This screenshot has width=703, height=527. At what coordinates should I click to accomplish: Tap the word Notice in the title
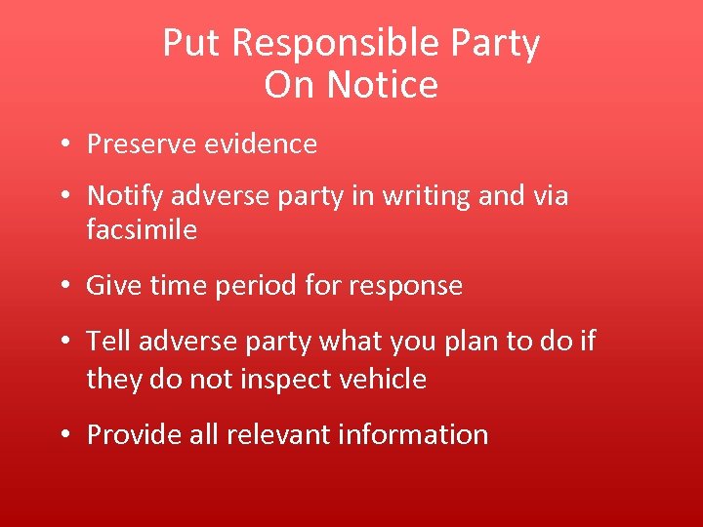click(383, 86)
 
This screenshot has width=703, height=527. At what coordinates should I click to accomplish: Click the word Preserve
click(141, 144)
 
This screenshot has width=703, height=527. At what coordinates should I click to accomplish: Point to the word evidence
click(261, 144)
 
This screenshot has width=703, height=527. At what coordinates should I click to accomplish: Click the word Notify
click(124, 196)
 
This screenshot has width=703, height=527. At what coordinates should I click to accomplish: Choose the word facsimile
click(142, 230)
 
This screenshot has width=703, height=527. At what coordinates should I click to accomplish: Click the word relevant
click(278, 434)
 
